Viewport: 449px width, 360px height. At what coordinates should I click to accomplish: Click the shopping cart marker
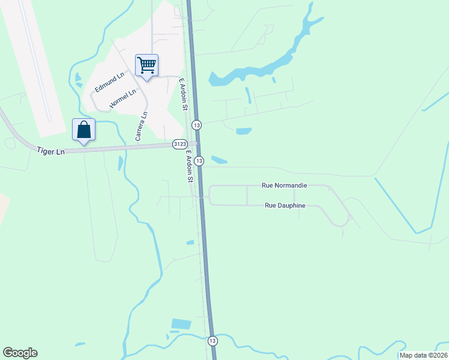[x=147, y=65]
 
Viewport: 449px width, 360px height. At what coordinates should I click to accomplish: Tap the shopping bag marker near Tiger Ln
[x=83, y=130]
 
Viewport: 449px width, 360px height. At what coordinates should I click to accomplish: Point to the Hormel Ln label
[x=124, y=98]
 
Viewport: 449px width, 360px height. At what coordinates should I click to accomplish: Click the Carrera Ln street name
[x=141, y=127]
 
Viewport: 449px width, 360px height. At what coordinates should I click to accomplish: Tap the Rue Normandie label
[x=285, y=186]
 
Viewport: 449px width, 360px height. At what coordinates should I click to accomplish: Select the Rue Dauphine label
[x=285, y=206]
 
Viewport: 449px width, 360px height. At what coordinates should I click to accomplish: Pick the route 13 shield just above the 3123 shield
[x=197, y=125]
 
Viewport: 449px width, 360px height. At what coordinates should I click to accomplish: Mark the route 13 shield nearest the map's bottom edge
[x=212, y=340]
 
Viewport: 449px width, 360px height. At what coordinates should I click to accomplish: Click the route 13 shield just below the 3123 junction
[x=199, y=160]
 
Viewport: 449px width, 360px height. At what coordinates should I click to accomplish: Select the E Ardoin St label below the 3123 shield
[x=189, y=167]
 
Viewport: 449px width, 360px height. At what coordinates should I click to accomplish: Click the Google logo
[x=20, y=353]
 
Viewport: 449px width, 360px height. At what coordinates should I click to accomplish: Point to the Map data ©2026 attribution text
[x=423, y=355]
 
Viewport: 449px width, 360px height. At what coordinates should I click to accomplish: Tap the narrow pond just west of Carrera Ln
[x=120, y=162]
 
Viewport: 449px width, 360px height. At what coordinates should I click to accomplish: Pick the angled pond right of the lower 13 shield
[x=219, y=160]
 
